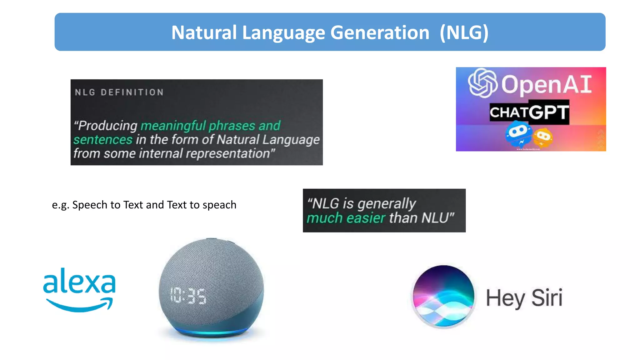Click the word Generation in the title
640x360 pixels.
point(380,32)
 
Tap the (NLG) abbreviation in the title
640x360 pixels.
point(464,32)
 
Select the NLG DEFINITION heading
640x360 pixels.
point(119,92)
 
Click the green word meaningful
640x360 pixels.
point(173,126)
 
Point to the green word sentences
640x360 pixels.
point(103,139)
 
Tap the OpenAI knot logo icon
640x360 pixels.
point(482,83)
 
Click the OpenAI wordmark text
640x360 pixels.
point(547,84)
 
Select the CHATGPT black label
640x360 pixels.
point(529,112)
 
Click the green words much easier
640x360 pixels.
point(346,218)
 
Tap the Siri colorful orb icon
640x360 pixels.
point(443,296)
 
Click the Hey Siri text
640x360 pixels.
point(524,298)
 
